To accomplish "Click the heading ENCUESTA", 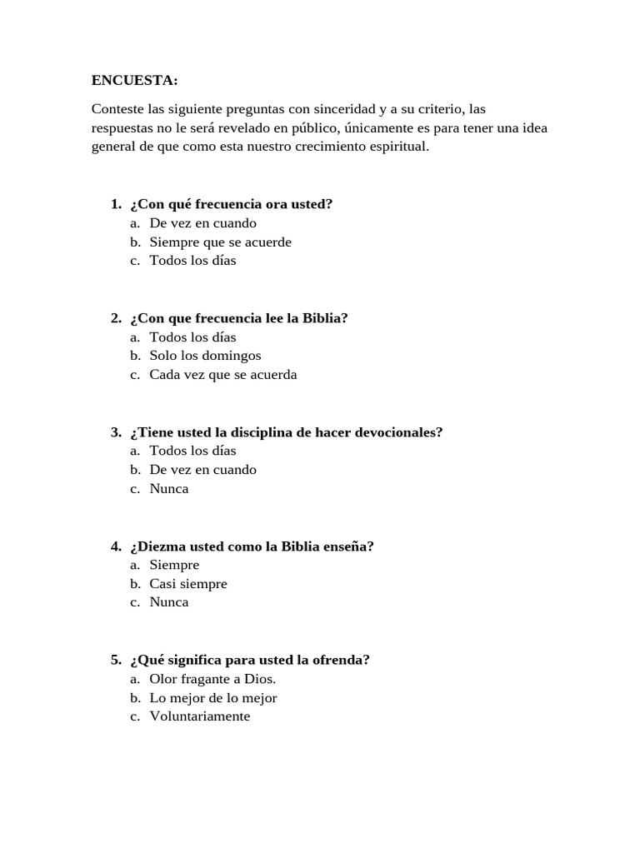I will pos(134,81).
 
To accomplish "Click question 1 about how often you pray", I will pos(231,204).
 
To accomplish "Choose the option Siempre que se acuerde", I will pos(220,242).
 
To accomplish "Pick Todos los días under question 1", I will pos(192,261).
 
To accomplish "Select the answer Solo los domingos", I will pos(205,356).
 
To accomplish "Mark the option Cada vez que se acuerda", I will pos(222,375).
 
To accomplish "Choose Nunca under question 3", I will pos(169,489).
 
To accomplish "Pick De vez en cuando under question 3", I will pos(202,470).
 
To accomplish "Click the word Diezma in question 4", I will pos(156,546).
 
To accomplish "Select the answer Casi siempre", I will pos(188,584).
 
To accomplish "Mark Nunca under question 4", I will pos(169,602).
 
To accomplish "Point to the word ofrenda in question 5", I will pos(342,661).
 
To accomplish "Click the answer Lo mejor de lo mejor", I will pos(213,698).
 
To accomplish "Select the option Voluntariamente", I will pos(199,716).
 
